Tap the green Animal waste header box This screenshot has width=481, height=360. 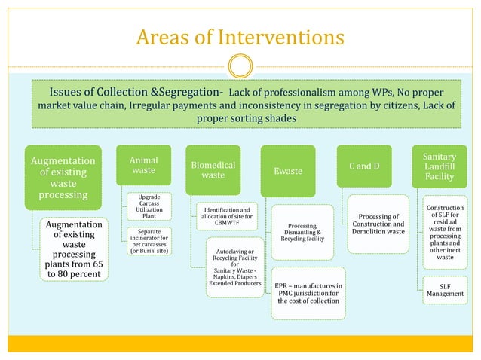143,166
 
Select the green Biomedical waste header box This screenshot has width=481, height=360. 213,170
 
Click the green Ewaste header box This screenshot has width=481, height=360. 287,171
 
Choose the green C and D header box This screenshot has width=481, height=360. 364,166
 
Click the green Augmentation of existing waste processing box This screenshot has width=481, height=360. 63,178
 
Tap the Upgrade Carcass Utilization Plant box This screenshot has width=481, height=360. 149,206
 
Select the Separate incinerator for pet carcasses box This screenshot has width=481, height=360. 149,240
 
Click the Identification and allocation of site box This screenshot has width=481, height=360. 226,215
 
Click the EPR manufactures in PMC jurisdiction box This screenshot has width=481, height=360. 308,293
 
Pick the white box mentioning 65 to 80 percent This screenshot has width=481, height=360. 74,249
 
